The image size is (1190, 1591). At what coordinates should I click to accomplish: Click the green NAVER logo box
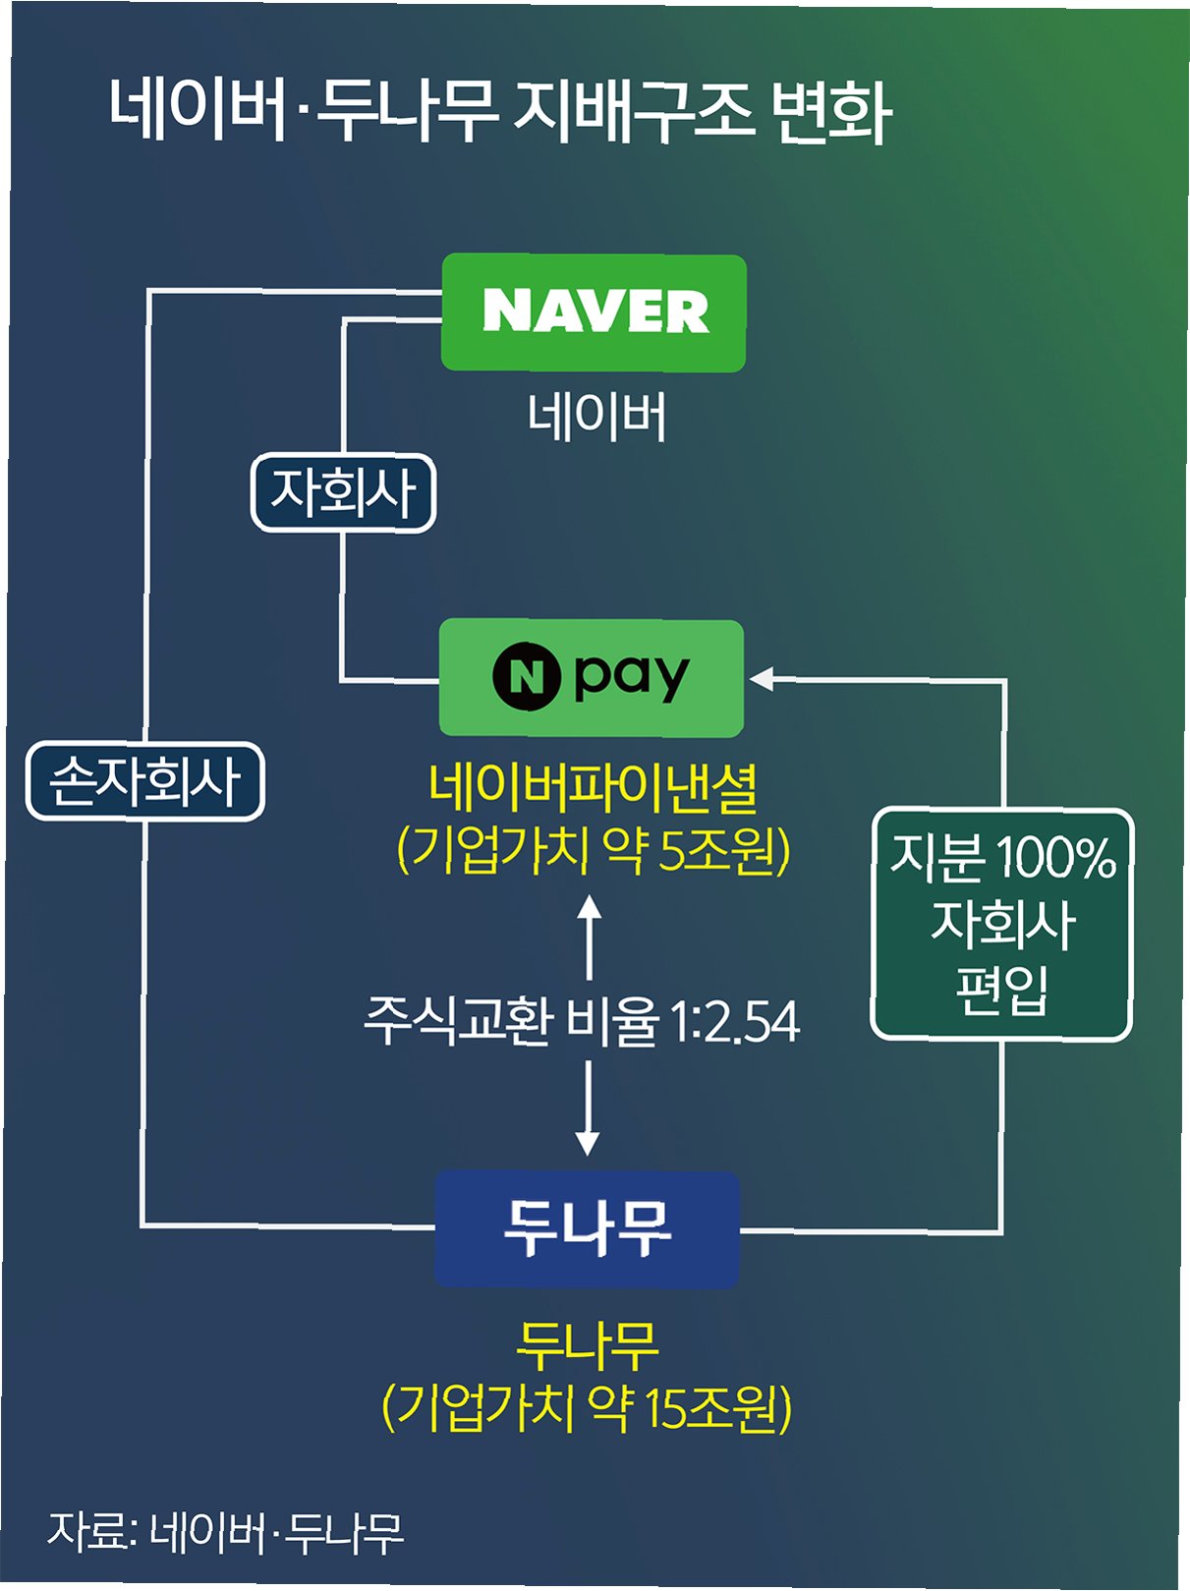(x=594, y=313)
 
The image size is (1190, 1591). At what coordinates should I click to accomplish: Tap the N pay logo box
(x=591, y=678)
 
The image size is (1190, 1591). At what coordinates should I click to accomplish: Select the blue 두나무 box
(x=587, y=1228)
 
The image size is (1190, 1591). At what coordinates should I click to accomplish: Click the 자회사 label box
(x=343, y=492)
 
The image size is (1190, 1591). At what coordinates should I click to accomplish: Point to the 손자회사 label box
(x=145, y=782)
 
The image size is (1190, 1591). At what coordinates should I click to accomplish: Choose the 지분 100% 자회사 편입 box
(x=1001, y=924)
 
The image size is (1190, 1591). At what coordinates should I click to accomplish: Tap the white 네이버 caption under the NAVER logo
(x=596, y=417)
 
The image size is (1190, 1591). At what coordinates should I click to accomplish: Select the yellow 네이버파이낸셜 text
(x=593, y=788)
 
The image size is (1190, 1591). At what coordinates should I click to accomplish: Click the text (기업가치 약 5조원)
(x=593, y=850)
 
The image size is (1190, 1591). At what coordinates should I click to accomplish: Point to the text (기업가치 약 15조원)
(x=587, y=1408)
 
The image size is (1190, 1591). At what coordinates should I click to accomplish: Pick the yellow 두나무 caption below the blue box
(x=587, y=1345)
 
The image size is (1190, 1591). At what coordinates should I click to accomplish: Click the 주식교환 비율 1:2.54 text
(x=582, y=1021)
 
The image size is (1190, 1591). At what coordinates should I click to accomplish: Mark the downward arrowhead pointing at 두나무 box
(x=588, y=1143)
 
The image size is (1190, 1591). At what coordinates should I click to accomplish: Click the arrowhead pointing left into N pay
(x=762, y=678)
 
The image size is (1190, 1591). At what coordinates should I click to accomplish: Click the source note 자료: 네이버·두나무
(x=226, y=1530)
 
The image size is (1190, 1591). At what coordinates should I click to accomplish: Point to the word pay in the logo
(x=632, y=677)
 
